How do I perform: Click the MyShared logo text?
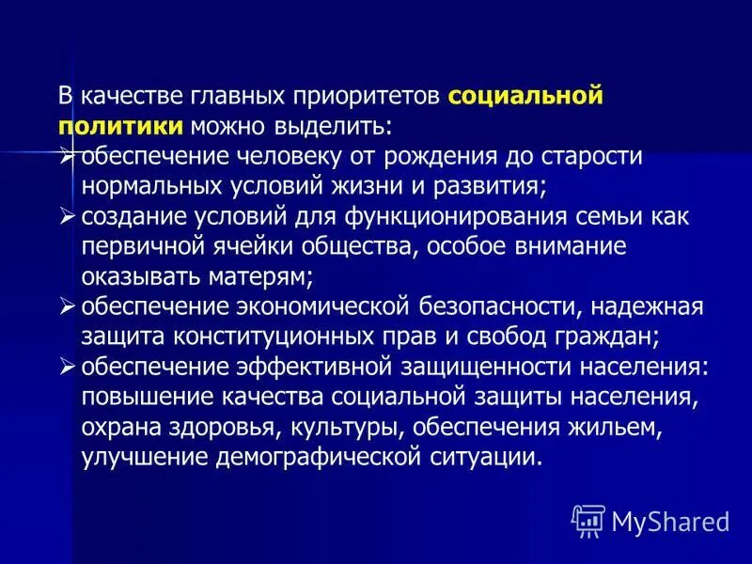pos(670,520)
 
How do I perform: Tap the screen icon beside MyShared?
pos(588,520)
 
